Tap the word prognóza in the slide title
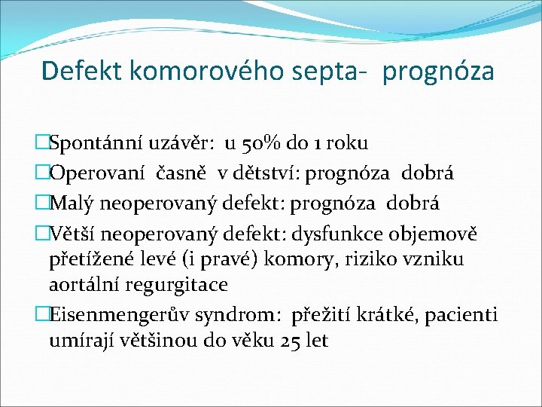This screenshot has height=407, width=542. (x=438, y=72)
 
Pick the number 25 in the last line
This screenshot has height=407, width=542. (x=290, y=340)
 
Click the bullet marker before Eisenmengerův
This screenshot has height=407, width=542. (x=43, y=314)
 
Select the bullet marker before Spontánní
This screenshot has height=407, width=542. (x=43, y=144)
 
